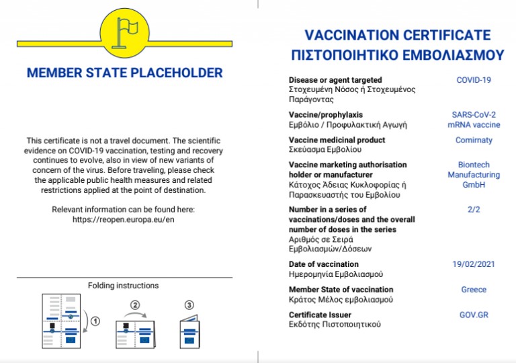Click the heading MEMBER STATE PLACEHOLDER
click(x=125, y=73)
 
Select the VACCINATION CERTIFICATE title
click(x=398, y=35)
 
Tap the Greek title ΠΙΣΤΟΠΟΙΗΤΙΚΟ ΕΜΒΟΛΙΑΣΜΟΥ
click(x=398, y=54)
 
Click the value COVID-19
click(x=474, y=80)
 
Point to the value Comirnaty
click(x=474, y=140)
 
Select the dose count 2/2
click(x=474, y=210)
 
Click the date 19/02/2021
click(x=474, y=264)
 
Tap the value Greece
click(x=474, y=290)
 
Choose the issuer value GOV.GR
click(x=474, y=315)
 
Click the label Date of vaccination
click(x=324, y=264)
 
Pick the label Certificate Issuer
click(x=320, y=315)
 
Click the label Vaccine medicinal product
click(x=337, y=140)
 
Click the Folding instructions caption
click(x=124, y=286)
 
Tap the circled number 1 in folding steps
click(x=95, y=321)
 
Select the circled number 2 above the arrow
click(x=135, y=305)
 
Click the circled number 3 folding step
click(x=189, y=305)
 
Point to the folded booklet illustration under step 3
click(x=189, y=333)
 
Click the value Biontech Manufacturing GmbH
click(x=474, y=175)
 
